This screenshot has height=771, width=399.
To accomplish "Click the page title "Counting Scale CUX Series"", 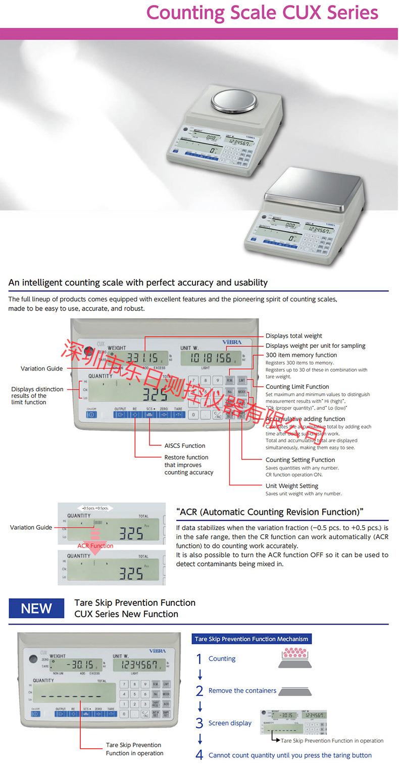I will point(262,13).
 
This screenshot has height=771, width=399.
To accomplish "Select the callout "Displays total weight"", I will point(293,336).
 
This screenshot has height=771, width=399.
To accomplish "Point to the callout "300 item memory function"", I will point(301,355).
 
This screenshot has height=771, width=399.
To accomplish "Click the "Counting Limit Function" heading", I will point(297,387).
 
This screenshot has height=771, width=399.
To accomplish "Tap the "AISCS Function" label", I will point(184,446).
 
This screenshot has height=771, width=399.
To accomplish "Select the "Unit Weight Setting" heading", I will point(291,486).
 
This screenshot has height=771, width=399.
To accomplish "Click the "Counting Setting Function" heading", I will point(300,460).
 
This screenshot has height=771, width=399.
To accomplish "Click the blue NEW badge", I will point(36,608).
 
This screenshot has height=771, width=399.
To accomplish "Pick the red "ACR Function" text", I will point(95,546).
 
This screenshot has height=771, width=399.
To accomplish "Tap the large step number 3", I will point(199,723).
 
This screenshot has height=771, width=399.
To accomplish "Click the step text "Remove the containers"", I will point(242,691).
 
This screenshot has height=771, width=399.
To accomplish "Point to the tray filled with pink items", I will point(294,658).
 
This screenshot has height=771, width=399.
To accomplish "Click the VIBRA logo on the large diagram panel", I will point(232,342).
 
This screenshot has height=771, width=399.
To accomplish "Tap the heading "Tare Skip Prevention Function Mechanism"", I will point(251,639).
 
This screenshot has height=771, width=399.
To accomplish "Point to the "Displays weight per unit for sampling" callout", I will point(315,346).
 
